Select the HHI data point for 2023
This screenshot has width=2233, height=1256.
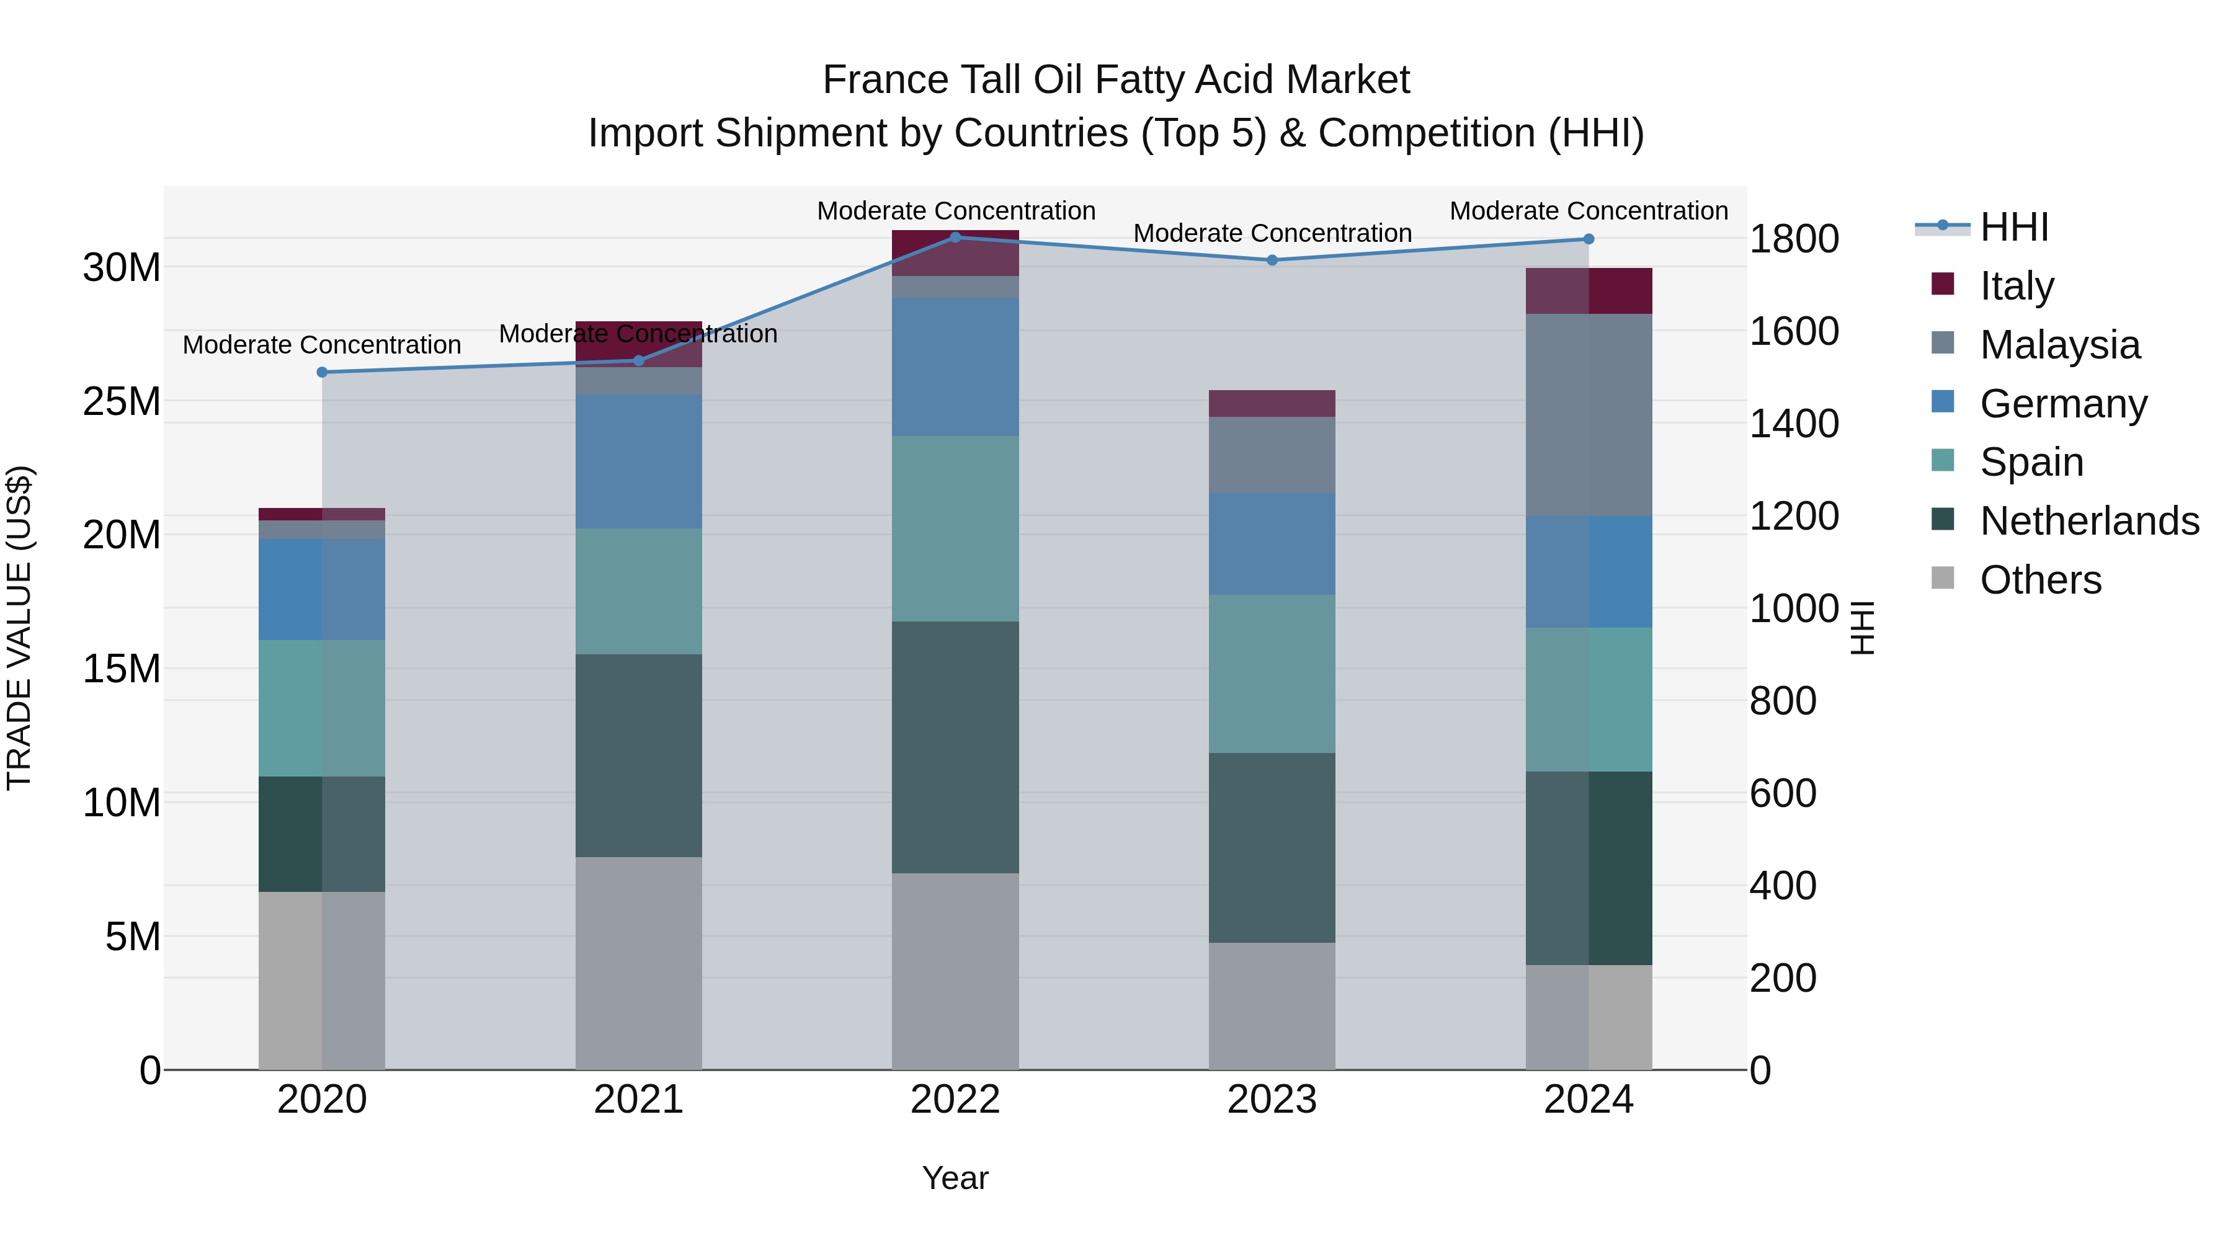click(1272, 260)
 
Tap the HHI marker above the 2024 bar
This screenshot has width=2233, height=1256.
click(1588, 239)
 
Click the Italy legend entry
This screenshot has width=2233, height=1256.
click(2017, 286)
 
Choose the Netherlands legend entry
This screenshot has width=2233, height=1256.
click(2089, 521)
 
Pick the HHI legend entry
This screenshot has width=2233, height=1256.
click(2013, 227)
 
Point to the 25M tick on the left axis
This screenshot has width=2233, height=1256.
click(122, 401)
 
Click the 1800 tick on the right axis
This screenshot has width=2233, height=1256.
click(1793, 239)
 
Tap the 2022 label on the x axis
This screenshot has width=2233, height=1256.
click(955, 1100)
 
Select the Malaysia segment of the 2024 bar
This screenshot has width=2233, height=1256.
click(1588, 414)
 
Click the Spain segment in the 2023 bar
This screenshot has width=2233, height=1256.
click(1272, 674)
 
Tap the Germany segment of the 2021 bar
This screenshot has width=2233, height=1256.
click(638, 461)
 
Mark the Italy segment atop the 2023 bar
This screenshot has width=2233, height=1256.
click(1272, 403)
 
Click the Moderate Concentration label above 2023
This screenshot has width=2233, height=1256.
click(1272, 233)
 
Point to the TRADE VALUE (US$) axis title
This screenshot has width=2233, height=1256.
click(19, 628)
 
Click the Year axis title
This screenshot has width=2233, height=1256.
click(955, 1178)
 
